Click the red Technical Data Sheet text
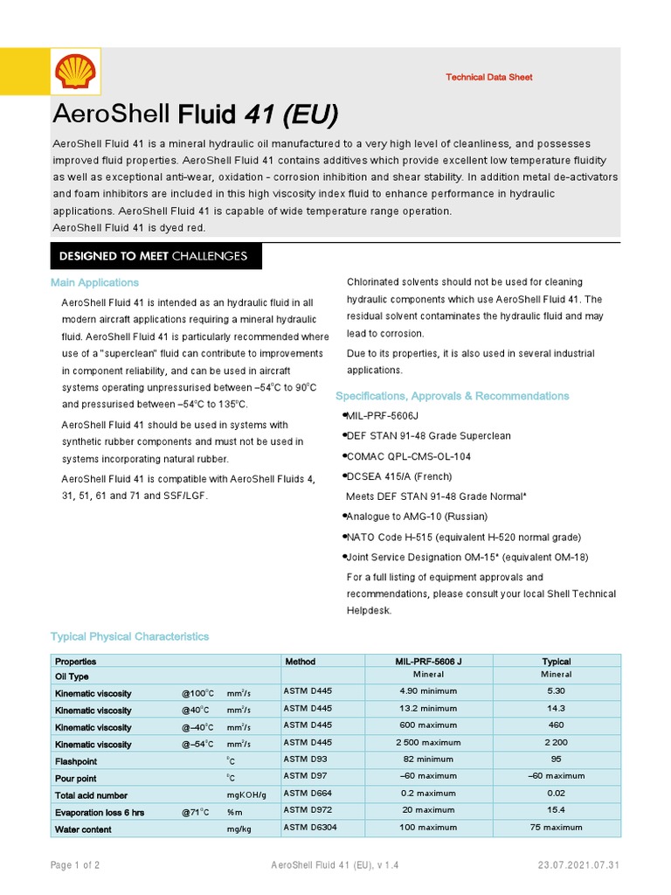(x=488, y=78)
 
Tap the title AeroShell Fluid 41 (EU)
(x=195, y=115)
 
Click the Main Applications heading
(x=94, y=283)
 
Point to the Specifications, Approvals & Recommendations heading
(x=452, y=396)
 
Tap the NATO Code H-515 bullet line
(x=451, y=537)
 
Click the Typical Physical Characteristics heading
(x=129, y=637)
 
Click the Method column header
(x=300, y=662)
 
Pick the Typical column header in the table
(x=556, y=662)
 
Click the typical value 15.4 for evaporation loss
(x=556, y=810)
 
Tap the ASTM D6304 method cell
(x=308, y=827)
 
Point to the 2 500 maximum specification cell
(x=428, y=744)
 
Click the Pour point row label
(x=76, y=778)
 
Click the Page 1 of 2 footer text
(x=74, y=865)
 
